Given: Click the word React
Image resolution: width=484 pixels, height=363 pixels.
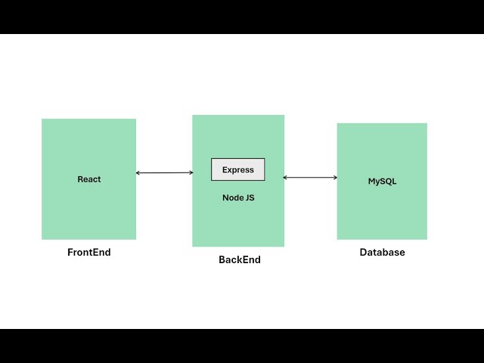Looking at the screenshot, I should pos(88,179).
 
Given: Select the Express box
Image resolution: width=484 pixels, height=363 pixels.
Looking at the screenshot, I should pos(237,169).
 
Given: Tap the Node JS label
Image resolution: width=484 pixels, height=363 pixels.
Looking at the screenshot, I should pos(237,197).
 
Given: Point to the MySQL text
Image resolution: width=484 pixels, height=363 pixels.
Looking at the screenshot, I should pos(382,181).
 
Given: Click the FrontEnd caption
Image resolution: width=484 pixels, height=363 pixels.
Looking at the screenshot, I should pos(88,253).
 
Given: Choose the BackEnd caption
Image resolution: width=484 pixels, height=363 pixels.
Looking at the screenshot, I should pos(239,259).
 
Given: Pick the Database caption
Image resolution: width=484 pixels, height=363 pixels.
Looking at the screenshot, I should pos(382,253).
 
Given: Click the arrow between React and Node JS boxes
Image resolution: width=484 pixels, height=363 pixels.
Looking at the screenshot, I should pos(164,173).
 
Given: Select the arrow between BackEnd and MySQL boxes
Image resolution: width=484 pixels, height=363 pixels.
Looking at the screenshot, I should pos(310,178).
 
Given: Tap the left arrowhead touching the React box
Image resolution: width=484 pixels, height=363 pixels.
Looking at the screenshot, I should pos(138,173).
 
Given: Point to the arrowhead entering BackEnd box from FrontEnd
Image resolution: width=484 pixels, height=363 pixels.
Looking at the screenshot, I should pos(191,173).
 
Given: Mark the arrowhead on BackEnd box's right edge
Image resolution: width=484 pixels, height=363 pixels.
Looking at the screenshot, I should pos(286,178).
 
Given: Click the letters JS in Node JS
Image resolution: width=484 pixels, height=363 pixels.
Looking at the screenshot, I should pos(250,197).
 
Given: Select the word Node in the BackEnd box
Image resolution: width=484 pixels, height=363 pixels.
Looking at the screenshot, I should pos(232,197).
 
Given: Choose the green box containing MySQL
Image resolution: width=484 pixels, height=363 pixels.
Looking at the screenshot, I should pos(382,212).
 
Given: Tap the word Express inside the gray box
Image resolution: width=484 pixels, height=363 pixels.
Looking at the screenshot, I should pos(237,169).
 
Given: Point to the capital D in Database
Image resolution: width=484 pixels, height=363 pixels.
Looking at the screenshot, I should pos(363,253).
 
